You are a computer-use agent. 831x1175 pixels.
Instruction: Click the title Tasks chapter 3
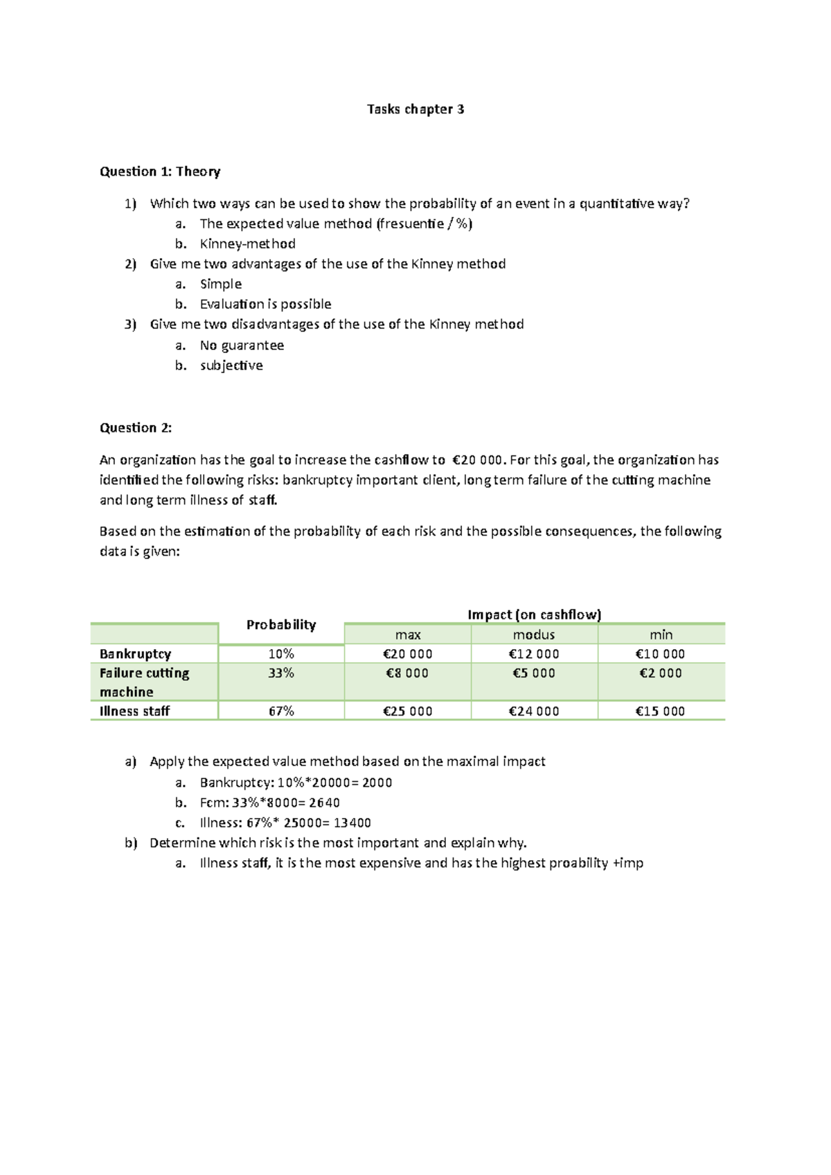pos(415,109)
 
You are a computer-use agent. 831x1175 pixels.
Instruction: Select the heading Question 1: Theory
pos(160,172)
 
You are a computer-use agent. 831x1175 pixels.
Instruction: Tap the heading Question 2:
pos(136,428)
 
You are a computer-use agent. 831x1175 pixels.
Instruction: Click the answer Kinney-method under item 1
pos(247,244)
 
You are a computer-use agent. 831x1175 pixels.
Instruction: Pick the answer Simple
pos(220,284)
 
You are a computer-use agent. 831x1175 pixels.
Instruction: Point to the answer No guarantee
pos(242,345)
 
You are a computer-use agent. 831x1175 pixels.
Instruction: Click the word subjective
pos(231,365)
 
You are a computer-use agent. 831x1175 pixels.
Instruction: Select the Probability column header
pos(281,625)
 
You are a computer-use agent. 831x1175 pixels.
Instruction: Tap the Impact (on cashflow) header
pos(534,614)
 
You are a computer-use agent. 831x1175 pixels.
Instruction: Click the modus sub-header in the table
pos(533,635)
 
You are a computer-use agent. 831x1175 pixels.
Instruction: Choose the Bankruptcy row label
pos(135,654)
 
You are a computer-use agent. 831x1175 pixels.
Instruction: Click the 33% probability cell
pos(281,673)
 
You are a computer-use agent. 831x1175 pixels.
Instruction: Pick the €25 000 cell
pos(407,711)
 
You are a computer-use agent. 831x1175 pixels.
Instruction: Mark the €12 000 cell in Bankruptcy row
pos(533,654)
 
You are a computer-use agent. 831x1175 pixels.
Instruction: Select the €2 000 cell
pos(660,673)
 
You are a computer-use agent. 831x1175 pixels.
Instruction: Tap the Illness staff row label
pos(134,711)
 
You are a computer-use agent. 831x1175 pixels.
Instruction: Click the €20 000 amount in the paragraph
pos(479,460)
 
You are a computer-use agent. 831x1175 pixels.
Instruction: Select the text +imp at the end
pos(628,863)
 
